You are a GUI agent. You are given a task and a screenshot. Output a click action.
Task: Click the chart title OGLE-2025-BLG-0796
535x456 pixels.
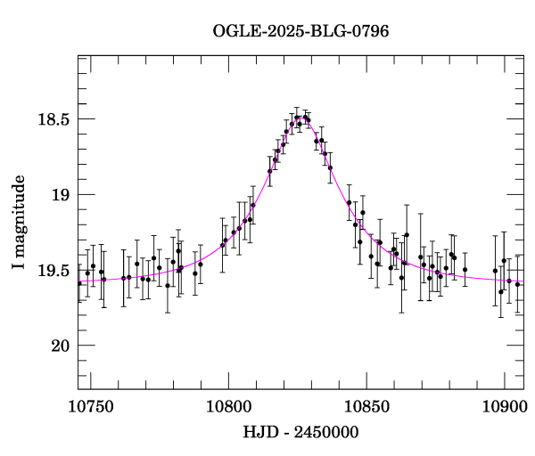coord(300,31)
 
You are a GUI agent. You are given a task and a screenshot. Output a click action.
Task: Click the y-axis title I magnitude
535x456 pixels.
coord(20,223)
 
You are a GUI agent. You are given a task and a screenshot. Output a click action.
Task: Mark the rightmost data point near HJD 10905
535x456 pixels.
coord(517,285)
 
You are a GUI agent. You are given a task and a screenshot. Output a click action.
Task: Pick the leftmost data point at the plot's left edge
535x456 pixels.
coord(79,283)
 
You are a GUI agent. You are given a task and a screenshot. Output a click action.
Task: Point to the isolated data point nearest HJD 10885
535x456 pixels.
coord(465,269)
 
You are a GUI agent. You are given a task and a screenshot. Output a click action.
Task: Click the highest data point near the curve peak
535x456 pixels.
coord(297,117)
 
